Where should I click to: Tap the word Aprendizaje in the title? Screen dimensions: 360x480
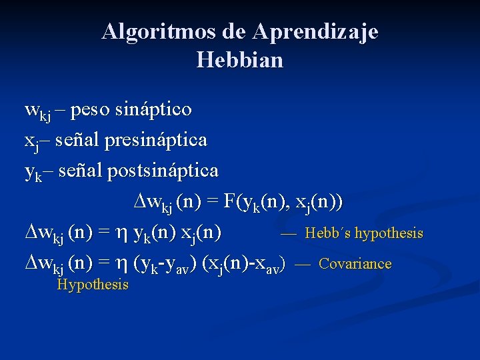coord(316,31)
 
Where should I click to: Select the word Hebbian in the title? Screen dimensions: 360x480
coord(240,61)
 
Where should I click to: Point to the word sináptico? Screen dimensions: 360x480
coord(155,109)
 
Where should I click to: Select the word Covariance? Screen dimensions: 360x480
coord(355,263)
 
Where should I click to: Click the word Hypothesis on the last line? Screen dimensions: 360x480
coord(93,285)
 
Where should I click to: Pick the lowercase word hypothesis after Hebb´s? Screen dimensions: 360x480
coord(389,233)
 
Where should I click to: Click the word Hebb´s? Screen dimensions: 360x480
coord(327,233)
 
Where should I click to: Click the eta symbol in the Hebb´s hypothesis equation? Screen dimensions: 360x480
coord(121,233)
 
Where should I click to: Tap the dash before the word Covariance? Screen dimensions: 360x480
coord(302,264)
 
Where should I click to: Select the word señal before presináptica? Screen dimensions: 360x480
coord(77,140)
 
